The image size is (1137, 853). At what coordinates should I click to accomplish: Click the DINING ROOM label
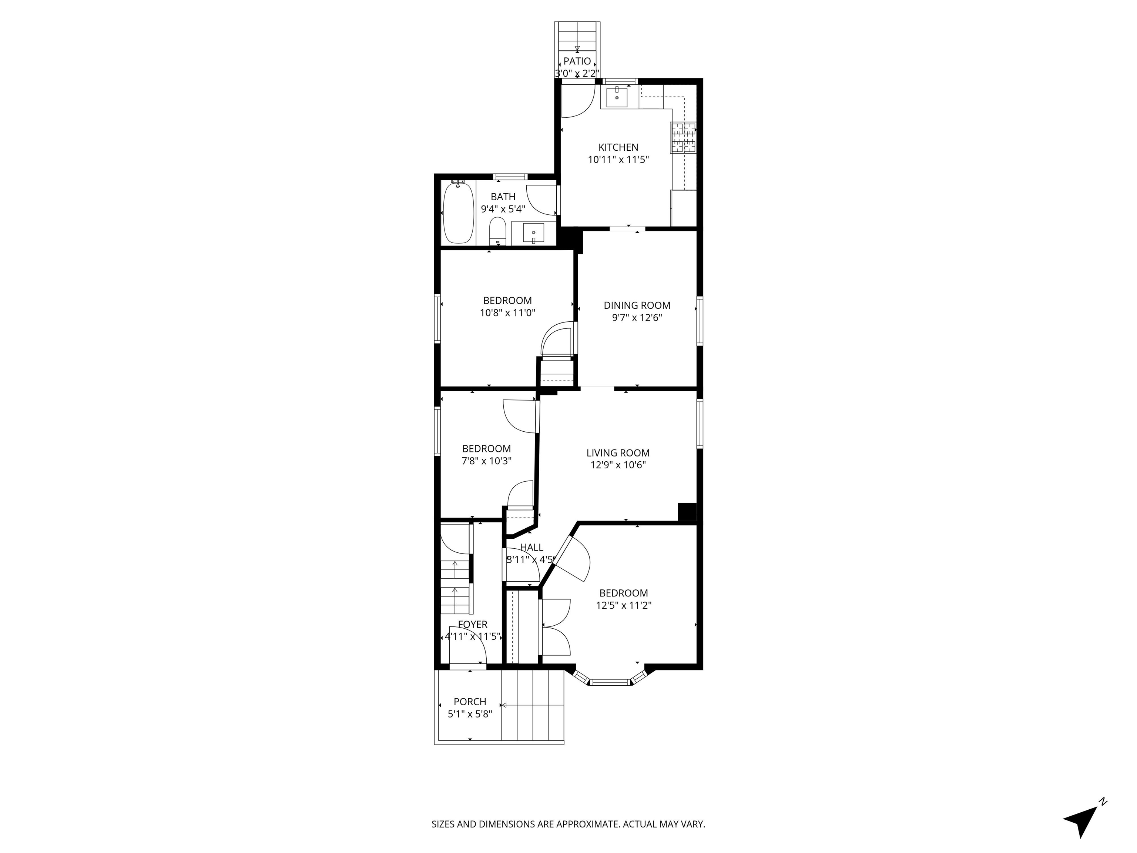pos(637,305)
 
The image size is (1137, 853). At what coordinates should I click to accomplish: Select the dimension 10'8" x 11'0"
pos(507,312)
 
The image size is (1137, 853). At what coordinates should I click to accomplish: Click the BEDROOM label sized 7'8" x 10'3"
pos(486,449)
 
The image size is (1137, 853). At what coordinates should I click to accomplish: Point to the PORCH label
pos(470,702)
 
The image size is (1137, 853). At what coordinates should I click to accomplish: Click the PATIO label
pos(577,61)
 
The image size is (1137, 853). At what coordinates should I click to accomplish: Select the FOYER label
pos(472,625)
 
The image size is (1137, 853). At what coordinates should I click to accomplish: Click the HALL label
pos(531,548)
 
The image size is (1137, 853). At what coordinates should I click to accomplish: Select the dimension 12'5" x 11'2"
pos(624,606)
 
